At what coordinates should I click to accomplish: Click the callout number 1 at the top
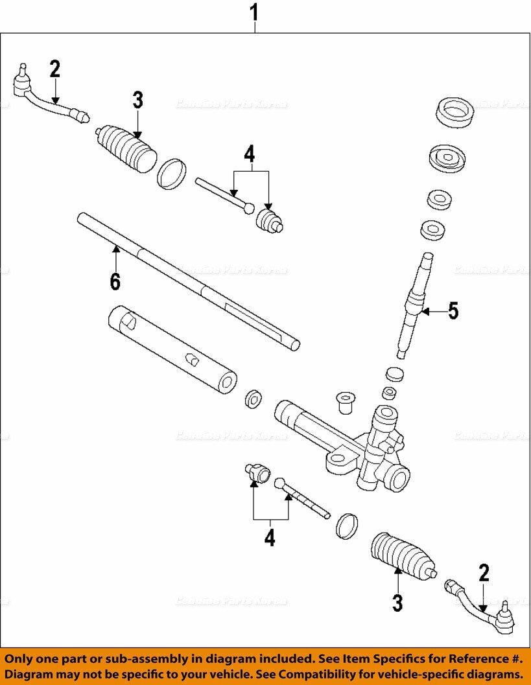(255, 12)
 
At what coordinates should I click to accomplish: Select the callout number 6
(115, 281)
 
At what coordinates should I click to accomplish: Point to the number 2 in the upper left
(54, 69)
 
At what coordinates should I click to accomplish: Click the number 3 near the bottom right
(397, 603)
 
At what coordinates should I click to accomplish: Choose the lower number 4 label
(269, 537)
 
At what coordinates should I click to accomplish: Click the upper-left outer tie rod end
(45, 98)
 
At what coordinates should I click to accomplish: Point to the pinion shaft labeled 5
(412, 304)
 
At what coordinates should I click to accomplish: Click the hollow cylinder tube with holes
(172, 351)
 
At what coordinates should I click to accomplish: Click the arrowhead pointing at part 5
(424, 312)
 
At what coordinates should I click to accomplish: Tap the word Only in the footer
(24, 658)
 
